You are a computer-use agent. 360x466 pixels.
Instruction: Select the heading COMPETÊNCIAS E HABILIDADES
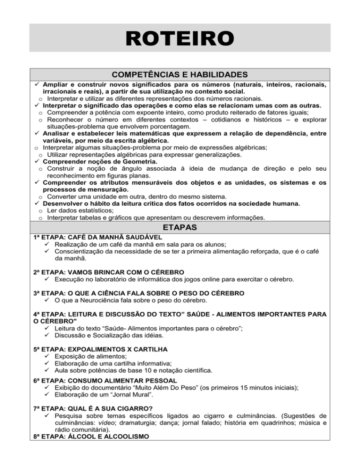pos(180,75)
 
